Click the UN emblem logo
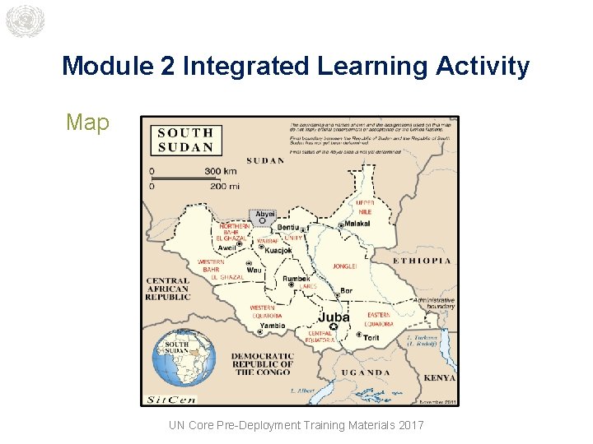[x=23, y=21]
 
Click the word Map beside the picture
[x=87, y=123]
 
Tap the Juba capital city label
[x=334, y=317]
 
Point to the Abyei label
[x=265, y=213]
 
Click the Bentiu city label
[x=288, y=227]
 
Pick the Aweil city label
[x=226, y=247]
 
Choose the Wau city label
[x=254, y=270]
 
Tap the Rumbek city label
[x=296, y=280]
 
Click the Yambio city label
[x=272, y=326]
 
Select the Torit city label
[x=372, y=337]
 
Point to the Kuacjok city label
[x=279, y=250]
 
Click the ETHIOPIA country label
[x=422, y=261]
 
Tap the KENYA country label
[x=439, y=378]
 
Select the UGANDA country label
[x=366, y=372]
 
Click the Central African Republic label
[x=168, y=289]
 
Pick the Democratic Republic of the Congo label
[x=262, y=364]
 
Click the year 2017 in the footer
[x=409, y=425]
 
